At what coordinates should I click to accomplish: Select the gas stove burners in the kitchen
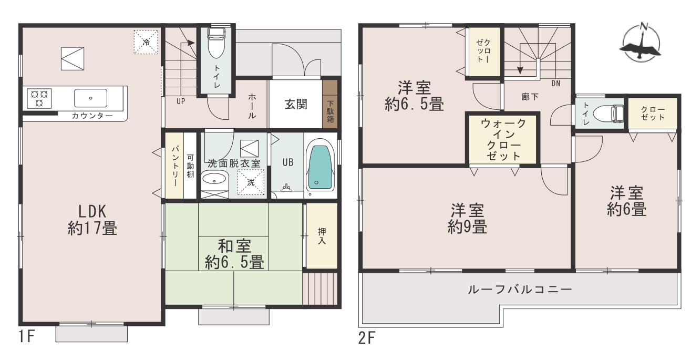click(x=39, y=98)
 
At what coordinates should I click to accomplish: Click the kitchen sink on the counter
click(x=91, y=98)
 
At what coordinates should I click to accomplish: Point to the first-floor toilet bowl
click(x=215, y=43)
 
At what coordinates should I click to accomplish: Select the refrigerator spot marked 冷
click(x=146, y=42)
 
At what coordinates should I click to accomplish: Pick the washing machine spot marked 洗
click(x=251, y=182)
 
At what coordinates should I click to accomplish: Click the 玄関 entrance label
click(x=295, y=104)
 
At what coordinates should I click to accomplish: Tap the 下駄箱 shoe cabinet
click(x=330, y=104)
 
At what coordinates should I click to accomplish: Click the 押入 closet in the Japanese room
click(x=322, y=236)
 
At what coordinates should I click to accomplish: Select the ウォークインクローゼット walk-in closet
click(x=503, y=140)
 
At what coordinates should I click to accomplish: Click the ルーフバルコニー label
click(x=520, y=290)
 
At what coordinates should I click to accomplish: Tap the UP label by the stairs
click(x=181, y=101)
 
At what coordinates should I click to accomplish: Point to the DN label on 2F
click(x=555, y=83)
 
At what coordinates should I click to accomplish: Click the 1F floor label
click(x=26, y=336)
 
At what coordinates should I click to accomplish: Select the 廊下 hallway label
click(x=530, y=97)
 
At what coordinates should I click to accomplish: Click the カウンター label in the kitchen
click(x=92, y=116)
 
